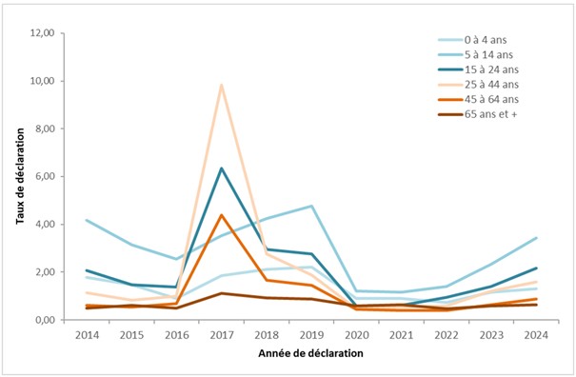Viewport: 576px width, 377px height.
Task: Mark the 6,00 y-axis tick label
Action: coord(50,176)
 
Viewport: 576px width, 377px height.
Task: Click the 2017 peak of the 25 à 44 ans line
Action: coord(222,85)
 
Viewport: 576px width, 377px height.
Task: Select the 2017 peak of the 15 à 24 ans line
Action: coord(222,169)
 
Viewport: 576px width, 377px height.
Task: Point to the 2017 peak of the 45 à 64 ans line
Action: coord(222,215)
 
